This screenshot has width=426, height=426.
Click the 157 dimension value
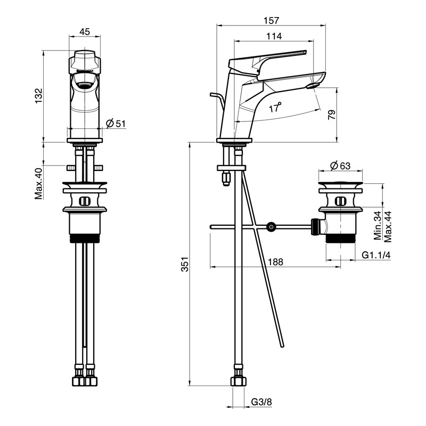coord(271,20)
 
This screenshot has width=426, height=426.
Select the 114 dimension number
coord(274,36)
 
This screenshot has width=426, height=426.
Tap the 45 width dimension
coord(85,31)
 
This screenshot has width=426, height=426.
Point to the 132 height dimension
coord(38,96)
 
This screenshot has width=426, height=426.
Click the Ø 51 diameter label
coord(116,124)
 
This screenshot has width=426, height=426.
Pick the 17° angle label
coord(275,108)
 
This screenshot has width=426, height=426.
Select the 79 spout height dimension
coord(332,114)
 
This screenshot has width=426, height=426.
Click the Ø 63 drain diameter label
coord(340,166)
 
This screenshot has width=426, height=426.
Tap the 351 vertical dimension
coord(185,264)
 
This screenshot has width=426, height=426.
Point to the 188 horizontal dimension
coord(275,261)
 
